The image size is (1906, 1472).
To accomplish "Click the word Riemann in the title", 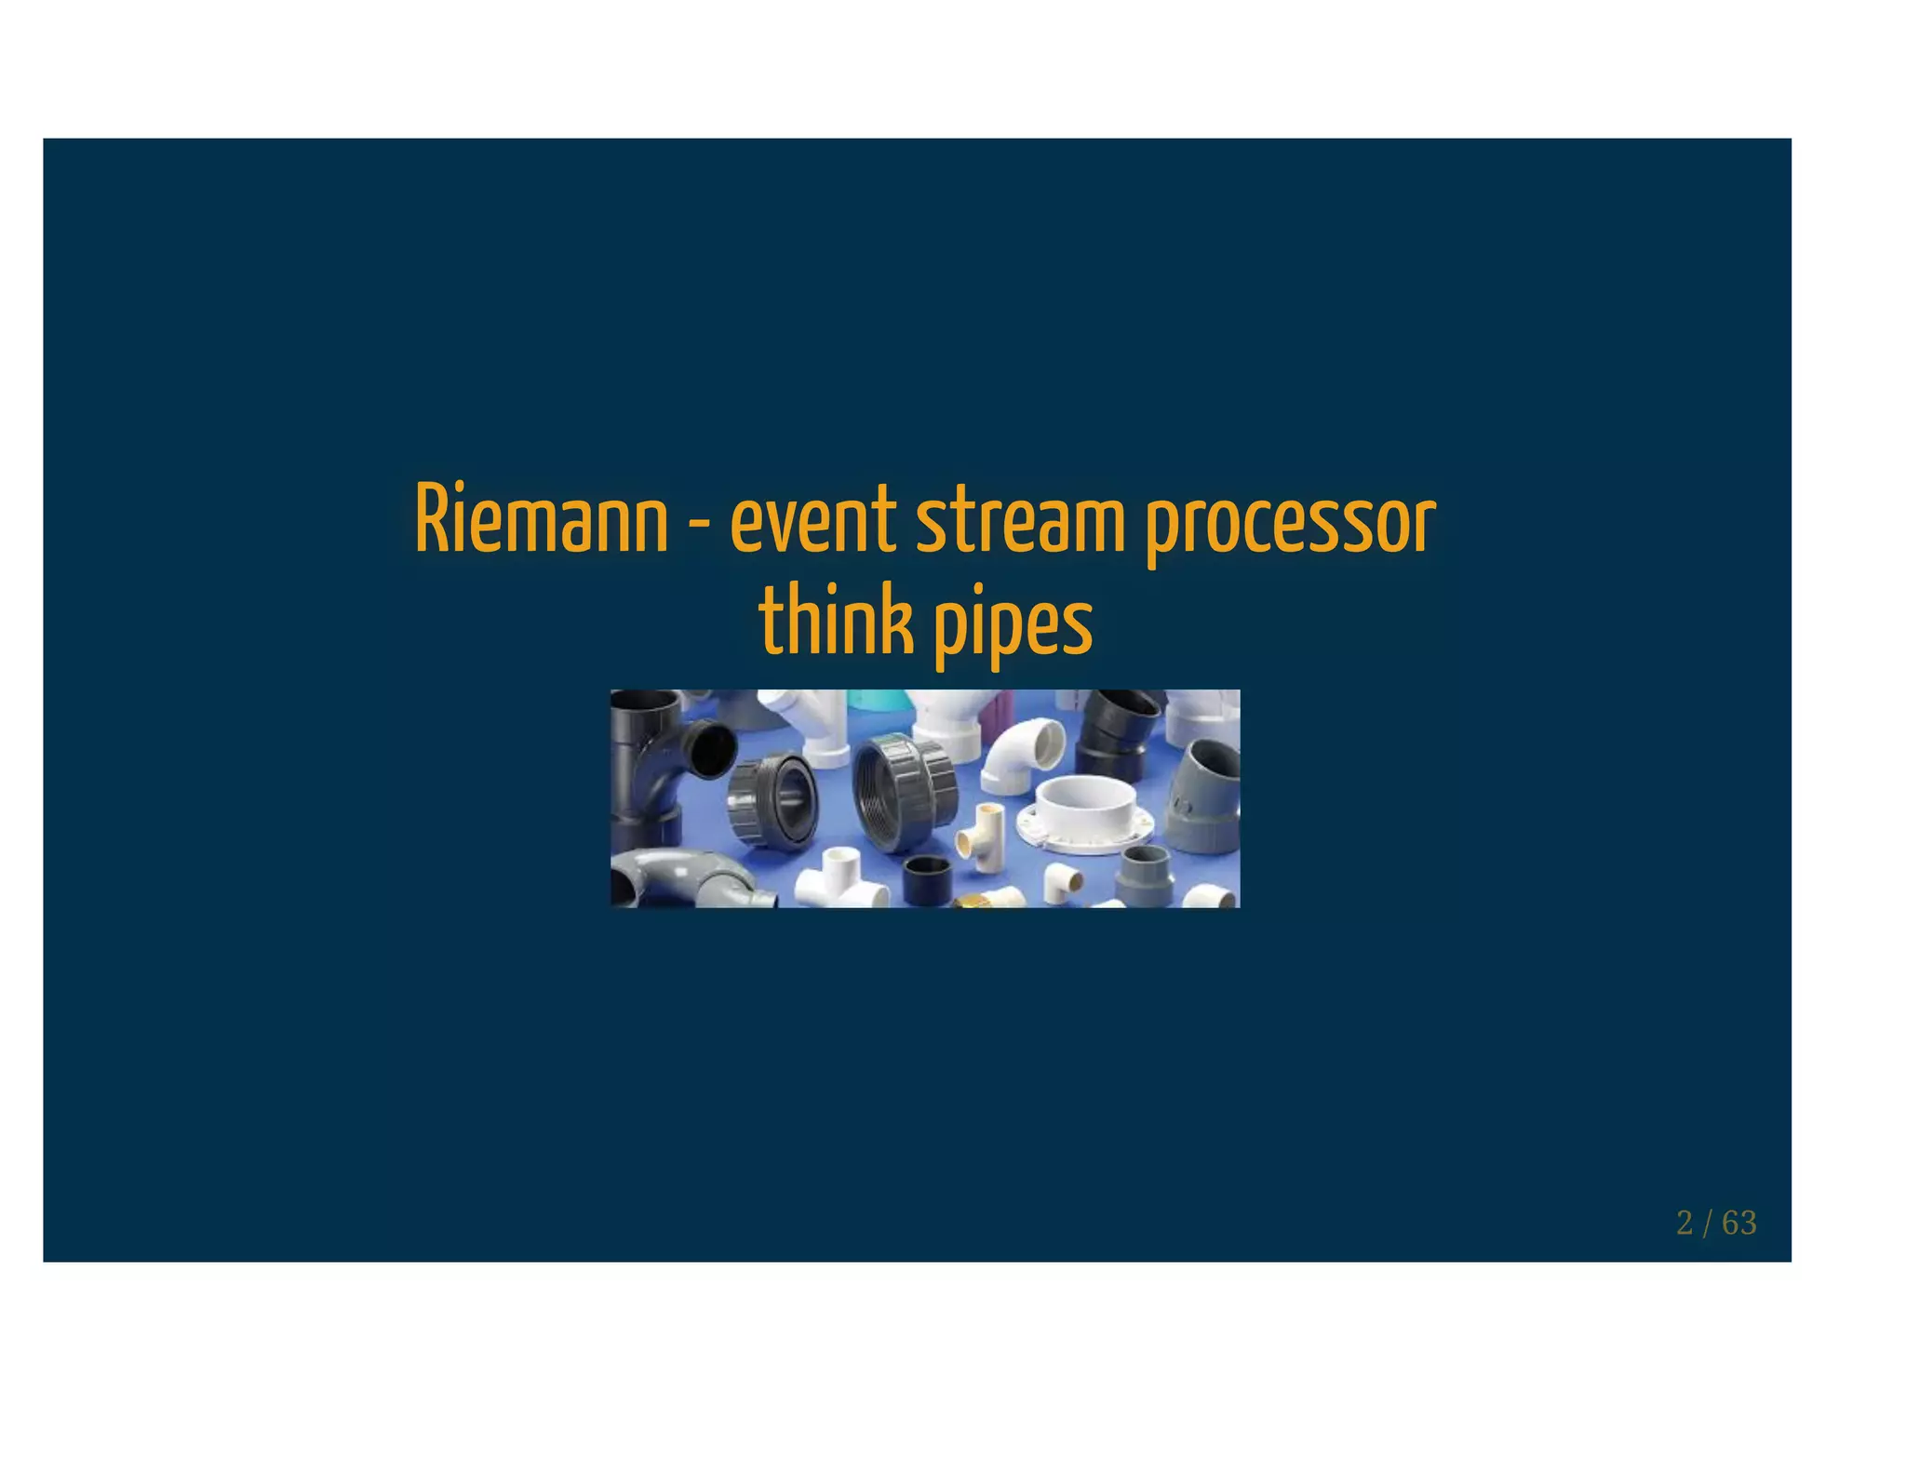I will click(541, 519).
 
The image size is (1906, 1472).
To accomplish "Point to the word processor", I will click(1290, 523).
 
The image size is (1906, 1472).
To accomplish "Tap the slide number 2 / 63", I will click(1715, 1223).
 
